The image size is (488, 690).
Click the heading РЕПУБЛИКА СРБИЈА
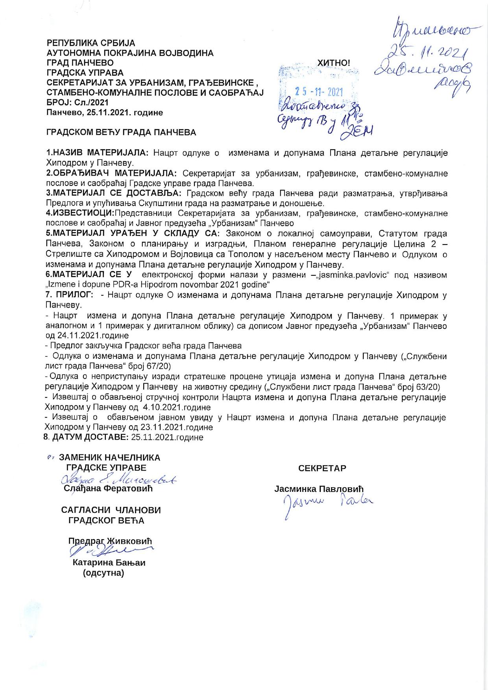pos(91,43)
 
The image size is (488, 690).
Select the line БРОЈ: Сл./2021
pos(78,102)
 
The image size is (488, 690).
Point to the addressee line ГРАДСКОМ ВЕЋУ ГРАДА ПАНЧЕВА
pos(121,132)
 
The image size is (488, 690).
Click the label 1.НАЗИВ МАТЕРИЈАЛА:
pos(97,153)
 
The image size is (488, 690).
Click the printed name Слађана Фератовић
pos(108,489)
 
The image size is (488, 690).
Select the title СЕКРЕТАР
pos(322,468)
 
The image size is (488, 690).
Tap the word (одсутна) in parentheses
pos(104,573)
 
